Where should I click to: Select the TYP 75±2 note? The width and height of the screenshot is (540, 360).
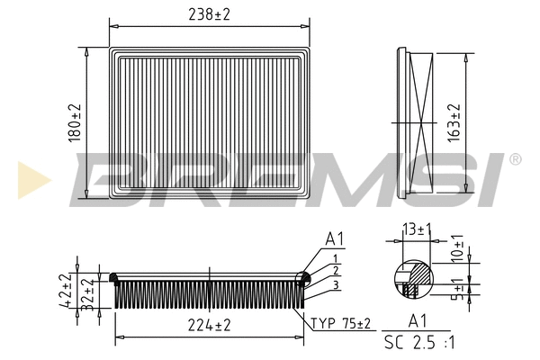point(341,324)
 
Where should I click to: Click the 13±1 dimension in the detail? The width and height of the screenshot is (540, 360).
point(417,230)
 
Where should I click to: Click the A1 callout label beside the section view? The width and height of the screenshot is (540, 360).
point(335,239)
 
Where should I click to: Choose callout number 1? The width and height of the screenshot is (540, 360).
point(335,257)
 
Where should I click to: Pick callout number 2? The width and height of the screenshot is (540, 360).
point(335,270)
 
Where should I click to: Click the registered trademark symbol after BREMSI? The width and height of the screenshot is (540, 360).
point(515,159)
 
